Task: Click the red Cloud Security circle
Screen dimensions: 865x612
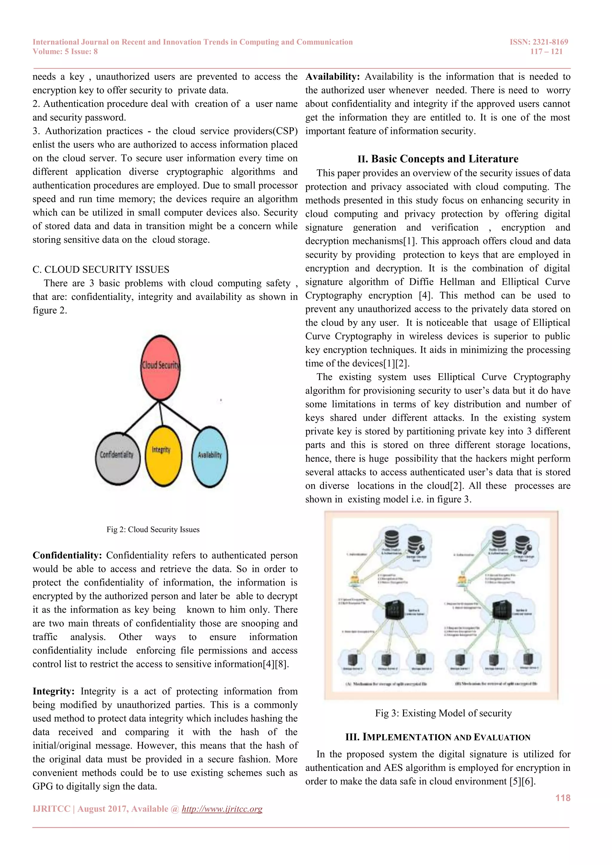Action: tap(160, 367)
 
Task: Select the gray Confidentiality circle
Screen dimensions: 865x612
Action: tap(117, 458)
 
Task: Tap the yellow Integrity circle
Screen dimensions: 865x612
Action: tap(163, 456)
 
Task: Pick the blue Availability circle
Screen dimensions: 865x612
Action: tap(209, 457)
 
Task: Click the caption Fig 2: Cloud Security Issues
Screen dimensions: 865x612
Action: tap(153, 529)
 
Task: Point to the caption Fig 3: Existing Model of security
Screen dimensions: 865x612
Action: tap(443, 713)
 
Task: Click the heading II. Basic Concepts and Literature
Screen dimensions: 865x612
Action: tap(438, 159)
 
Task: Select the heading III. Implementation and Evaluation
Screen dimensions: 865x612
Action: tap(438, 737)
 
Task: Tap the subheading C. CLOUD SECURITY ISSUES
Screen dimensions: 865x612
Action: tap(101, 270)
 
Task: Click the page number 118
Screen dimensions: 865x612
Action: tap(563, 798)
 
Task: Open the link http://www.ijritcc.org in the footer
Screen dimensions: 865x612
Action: tap(222, 809)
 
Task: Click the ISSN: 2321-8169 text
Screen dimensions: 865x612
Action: tap(539, 42)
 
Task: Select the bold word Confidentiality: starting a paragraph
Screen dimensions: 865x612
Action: tap(67, 555)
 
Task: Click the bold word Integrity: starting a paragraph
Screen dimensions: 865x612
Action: tap(53, 691)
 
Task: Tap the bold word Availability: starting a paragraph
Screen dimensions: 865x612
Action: tap(332, 76)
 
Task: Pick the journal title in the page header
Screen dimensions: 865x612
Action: tap(192, 42)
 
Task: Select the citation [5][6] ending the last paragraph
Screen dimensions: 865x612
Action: tap(522, 781)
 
